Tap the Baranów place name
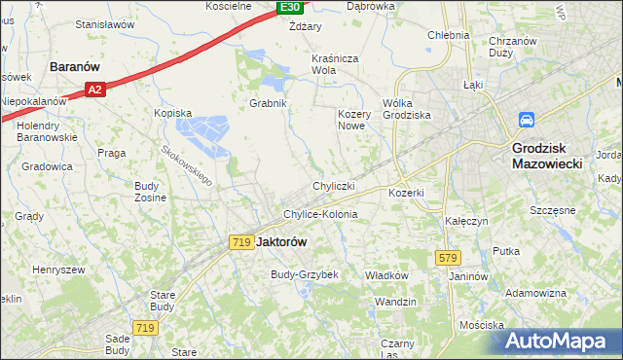(x=77, y=67)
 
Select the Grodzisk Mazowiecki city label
(x=547, y=157)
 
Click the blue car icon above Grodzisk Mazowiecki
(x=526, y=121)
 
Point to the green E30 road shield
(x=289, y=7)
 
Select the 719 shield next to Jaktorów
(x=241, y=242)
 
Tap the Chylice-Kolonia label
(x=320, y=214)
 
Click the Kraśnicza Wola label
(x=337, y=64)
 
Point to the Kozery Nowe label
(x=356, y=121)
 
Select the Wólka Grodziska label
(x=406, y=108)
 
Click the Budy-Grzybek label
(x=304, y=274)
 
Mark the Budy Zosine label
(x=150, y=191)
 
